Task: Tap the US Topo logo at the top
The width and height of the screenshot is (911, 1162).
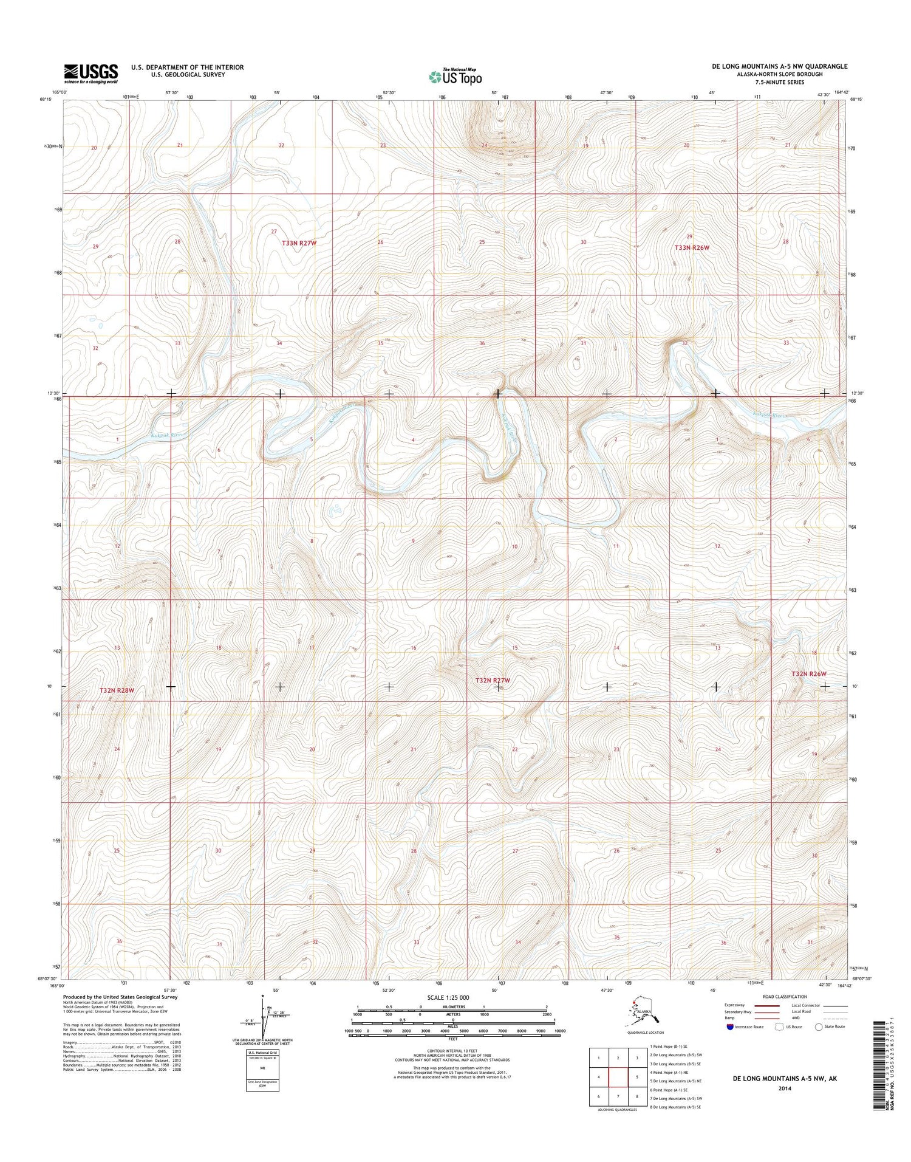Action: pos(455,77)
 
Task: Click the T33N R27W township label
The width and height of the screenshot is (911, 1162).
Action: pos(299,242)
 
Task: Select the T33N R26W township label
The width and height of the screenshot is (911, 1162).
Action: pos(692,248)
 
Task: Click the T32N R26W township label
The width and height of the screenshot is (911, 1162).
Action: pos(809,674)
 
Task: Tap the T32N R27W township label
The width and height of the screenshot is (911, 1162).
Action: pos(493,681)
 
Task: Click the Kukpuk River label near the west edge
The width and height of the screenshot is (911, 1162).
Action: pos(166,435)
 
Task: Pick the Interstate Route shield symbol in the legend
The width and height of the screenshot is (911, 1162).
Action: pos(729,1026)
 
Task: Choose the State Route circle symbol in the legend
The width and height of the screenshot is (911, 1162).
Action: pos(819,1026)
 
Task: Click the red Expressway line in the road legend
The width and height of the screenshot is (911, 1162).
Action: pos(767,1005)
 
